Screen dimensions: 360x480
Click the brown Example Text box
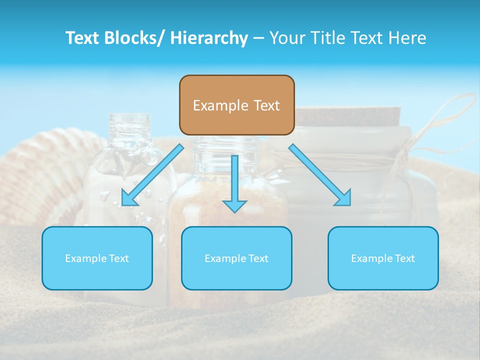click(x=236, y=105)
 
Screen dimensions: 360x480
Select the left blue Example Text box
click(x=97, y=258)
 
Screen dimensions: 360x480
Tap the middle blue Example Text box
click(x=236, y=258)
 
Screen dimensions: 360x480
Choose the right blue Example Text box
click(x=383, y=258)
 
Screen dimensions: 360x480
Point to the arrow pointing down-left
click(x=152, y=175)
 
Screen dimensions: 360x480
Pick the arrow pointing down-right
click(x=320, y=174)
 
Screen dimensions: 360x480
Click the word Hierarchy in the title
click(x=209, y=38)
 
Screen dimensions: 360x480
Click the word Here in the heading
click(x=407, y=38)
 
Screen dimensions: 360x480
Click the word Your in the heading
click(x=287, y=38)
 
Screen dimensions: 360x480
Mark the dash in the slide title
click(x=258, y=38)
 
